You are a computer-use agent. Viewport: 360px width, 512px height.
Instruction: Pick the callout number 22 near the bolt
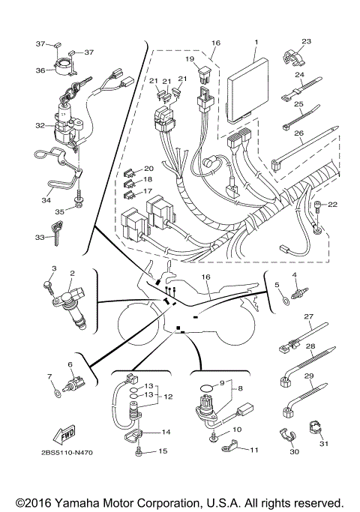(x=333, y=204)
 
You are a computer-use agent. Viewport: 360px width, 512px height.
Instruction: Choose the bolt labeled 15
(x=140, y=452)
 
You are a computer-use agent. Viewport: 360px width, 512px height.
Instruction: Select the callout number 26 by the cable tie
(x=298, y=135)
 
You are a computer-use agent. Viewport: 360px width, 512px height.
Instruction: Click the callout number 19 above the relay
(x=190, y=58)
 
